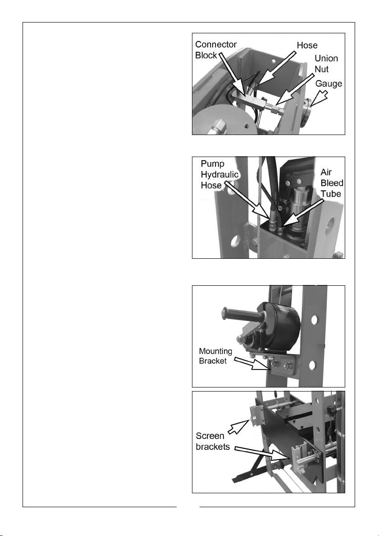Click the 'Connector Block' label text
[x=216, y=50]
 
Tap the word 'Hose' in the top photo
[x=307, y=45]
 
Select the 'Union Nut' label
[x=326, y=64]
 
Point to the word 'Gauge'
[x=329, y=84]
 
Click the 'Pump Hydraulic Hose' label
[x=219, y=175]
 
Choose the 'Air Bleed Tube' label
[x=332, y=183]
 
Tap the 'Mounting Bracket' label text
[x=215, y=356]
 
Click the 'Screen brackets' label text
[x=213, y=441]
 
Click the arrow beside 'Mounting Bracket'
[x=251, y=363]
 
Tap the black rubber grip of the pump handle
[x=240, y=315]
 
